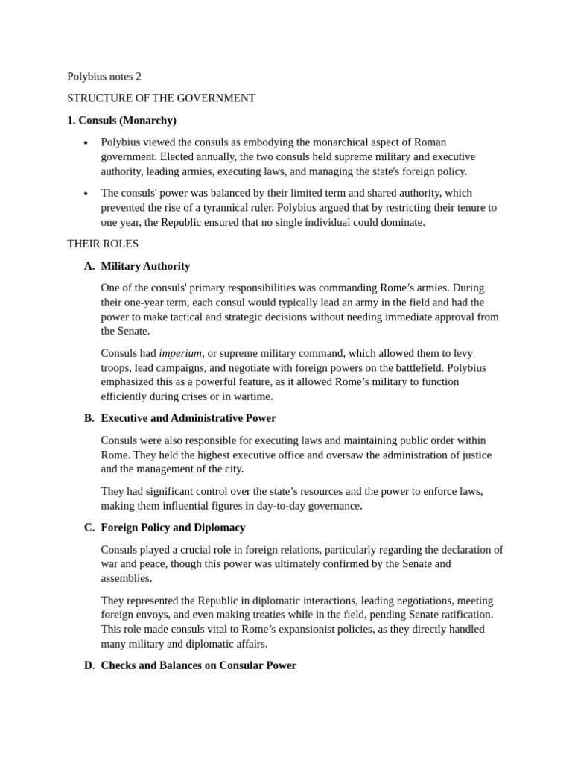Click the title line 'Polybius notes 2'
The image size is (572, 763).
[x=104, y=76]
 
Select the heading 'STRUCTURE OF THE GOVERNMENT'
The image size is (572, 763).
[x=161, y=98]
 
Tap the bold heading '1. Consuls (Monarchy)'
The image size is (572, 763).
[x=121, y=120]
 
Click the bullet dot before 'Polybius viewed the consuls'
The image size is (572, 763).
[x=86, y=143]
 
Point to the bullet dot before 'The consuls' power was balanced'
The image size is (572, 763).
[x=86, y=194]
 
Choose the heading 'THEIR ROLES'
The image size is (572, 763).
[x=102, y=244]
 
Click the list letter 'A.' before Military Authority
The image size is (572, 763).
[x=89, y=266]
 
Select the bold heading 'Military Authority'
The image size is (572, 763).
[x=145, y=266]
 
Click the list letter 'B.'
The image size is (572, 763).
[x=89, y=418]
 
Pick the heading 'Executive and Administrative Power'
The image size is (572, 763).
[x=188, y=418]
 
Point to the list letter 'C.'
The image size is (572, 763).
[x=89, y=528]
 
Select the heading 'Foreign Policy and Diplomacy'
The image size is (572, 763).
[x=173, y=528]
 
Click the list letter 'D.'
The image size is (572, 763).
[x=89, y=665]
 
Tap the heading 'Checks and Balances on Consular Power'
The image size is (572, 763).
[x=198, y=665]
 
